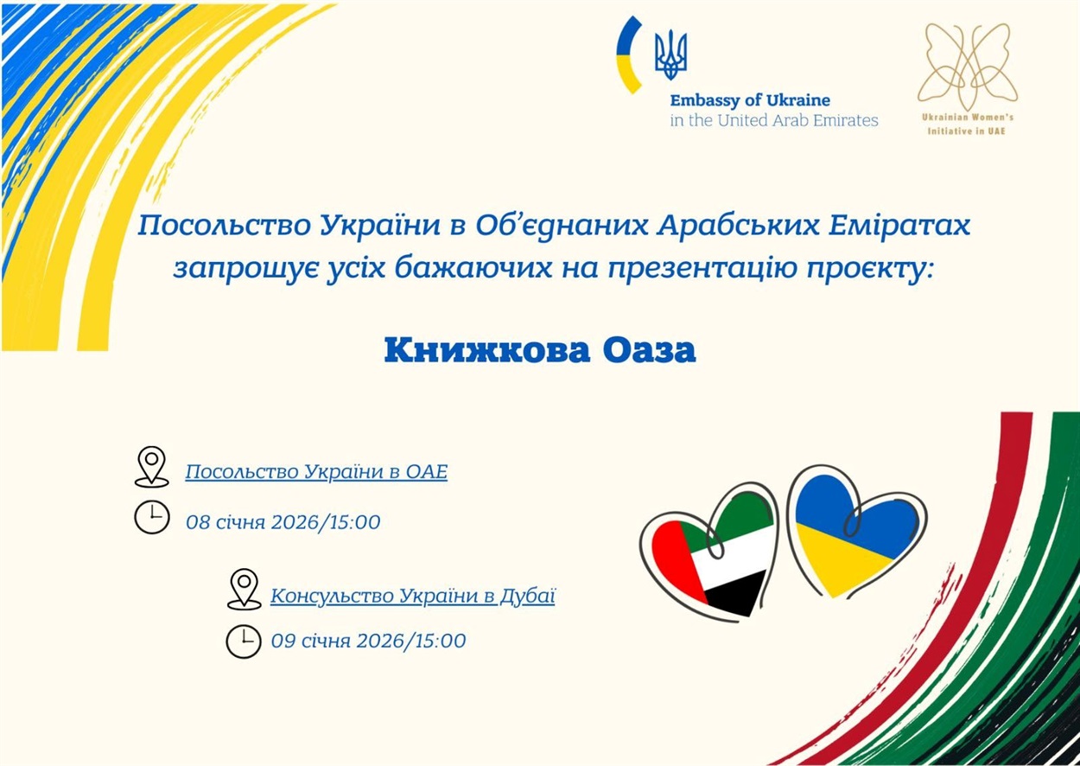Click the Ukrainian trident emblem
click(670, 54)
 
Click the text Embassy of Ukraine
click(750, 100)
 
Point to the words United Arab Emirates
click(798, 120)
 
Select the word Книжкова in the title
click(487, 350)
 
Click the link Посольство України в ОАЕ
click(316, 471)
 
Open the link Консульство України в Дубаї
click(413, 596)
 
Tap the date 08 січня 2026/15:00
click(283, 522)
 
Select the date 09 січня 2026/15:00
click(368, 641)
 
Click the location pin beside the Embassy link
click(151, 466)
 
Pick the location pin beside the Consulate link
click(244, 589)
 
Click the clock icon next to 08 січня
click(152, 517)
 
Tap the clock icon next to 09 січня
click(244, 641)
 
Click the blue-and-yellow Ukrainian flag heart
click(856, 532)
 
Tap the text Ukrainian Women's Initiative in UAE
click(967, 124)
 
